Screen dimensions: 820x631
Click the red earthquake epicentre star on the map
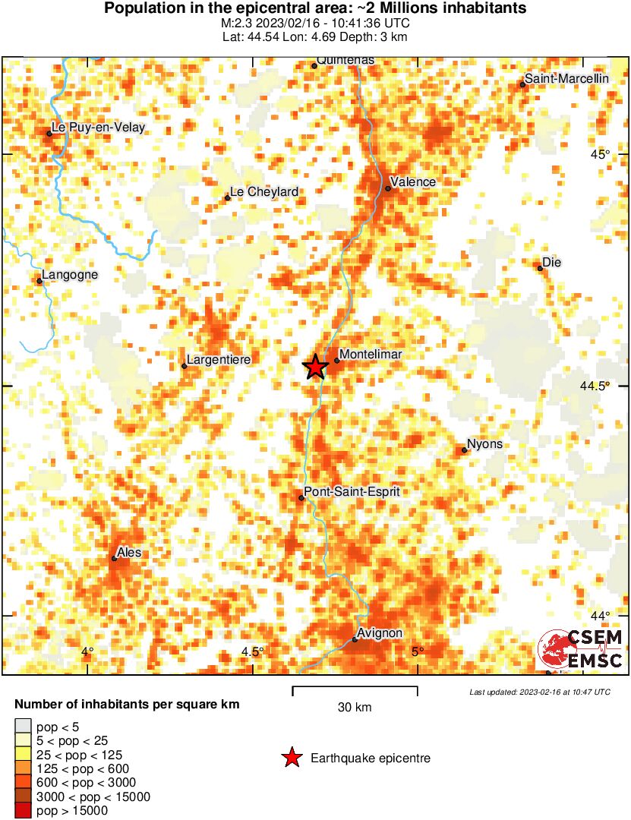tap(316, 367)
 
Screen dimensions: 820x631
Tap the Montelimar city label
tap(370, 355)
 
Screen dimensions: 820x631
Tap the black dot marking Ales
tap(114, 559)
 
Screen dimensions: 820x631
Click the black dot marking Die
tap(540, 268)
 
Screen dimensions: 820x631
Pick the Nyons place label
tap(484, 444)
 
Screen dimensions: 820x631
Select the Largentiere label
tap(218, 359)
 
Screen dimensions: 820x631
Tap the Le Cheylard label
tap(263, 192)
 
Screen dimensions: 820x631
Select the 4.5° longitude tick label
tap(253, 651)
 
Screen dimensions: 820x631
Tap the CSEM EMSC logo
tap(581, 649)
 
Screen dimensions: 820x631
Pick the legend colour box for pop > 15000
tap(24, 811)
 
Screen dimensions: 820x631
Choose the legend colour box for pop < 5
tap(24, 727)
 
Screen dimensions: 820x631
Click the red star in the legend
tap(292, 758)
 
